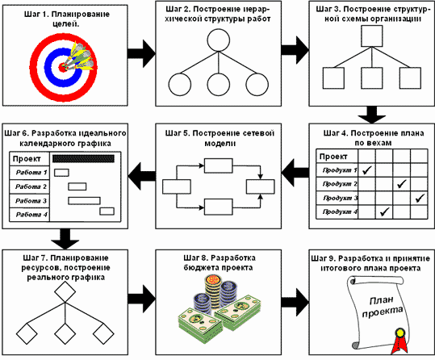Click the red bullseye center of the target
coord(62,67)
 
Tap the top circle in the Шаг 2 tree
coord(219,40)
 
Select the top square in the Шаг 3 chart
coord(372,36)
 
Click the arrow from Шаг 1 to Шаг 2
coord(141,53)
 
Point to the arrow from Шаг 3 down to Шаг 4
coord(372,115)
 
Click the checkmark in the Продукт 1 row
coord(366,170)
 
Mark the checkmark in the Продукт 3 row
coord(420,198)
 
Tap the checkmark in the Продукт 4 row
coord(384,211)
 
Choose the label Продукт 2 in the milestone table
coord(340,184)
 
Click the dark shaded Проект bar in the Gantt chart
coord(83,158)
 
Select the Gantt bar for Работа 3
coord(84,201)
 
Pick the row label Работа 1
coord(31,173)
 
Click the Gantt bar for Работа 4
coord(107,211)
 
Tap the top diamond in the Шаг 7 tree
coord(65,291)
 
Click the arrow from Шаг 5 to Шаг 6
coord(142,176)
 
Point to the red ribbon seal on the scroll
coord(399,341)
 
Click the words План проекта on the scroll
coord(383,306)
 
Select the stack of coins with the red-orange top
coord(213,293)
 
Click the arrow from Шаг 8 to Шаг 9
coord(295,302)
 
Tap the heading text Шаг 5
coord(178,133)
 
